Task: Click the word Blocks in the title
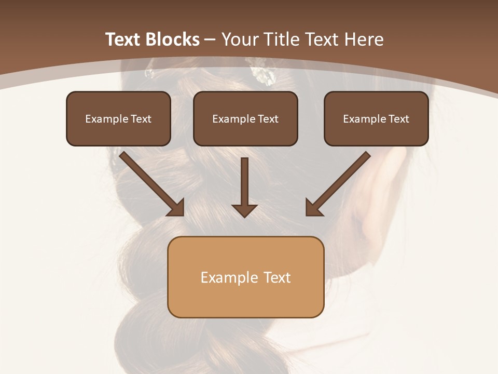[x=174, y=39]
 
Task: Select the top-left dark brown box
[x=118, y=118]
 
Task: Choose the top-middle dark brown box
[x=245, y=118]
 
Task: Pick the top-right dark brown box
[x=376, y=118]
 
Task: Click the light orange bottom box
[x=245, y=277]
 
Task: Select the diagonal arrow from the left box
[x=151, y=183]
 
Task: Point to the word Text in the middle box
[x=268, y=119]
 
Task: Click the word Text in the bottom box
[x=276, y=277]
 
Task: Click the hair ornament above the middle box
[x=264, y=74]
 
